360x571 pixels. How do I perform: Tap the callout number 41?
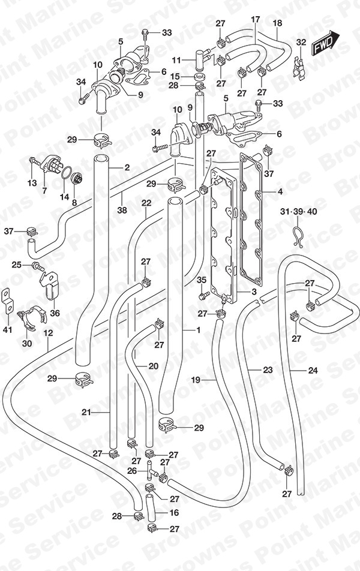pyautogui.click(x=8, y=329)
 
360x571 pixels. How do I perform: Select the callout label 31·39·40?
pyautogui.click(x=298, y=211)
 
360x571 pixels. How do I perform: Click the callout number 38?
pyautogui.click(x=122, y=210)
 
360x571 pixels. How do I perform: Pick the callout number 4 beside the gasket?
pyautogui.click(x=280, y=191)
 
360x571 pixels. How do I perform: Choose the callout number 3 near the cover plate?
pyautogui.click(x=254, y=291)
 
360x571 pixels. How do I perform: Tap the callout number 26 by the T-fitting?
pyautogui.click(x=132, y=471)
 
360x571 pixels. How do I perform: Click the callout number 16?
pyautogui.click(x=174, y=512)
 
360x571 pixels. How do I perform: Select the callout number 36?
pyautogui.click(x=55, y=313)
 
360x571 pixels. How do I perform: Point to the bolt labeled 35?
pyautogui.click(x=203, y=294)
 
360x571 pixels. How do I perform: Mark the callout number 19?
pyautogui.click(x=196, y=380)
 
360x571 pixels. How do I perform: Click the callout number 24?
pyautogui.click(x=313, y=370)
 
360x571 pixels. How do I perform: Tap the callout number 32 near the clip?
pyautogui.click(x=301, y=42)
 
